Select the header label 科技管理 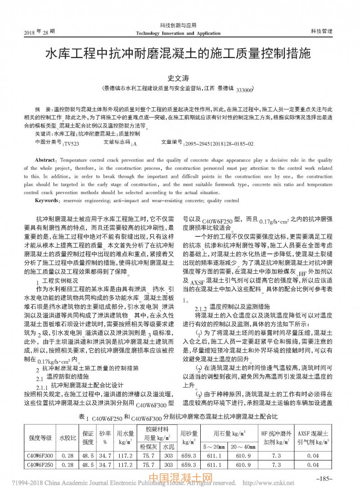pos(321,31)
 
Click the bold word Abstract pos(45,160)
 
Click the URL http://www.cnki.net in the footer pos(268,483)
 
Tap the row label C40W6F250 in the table pos(41,464)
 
